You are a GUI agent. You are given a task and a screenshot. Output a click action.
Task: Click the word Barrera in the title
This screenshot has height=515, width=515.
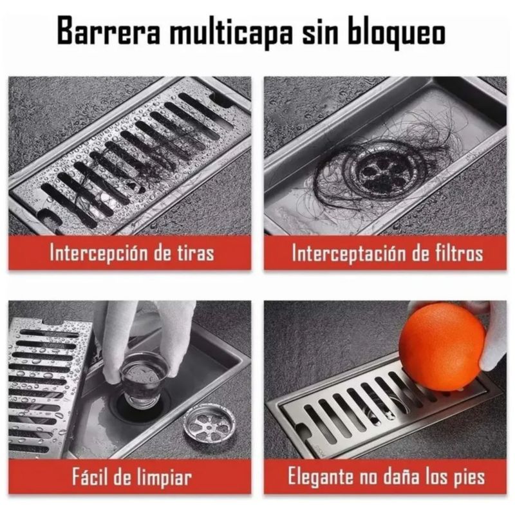108,30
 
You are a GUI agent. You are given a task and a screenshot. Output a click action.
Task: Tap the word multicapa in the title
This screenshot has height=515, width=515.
231,32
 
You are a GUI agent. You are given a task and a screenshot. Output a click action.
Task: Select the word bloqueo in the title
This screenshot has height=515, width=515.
397,32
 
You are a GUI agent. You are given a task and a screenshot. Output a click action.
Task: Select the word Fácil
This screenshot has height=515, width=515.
90,476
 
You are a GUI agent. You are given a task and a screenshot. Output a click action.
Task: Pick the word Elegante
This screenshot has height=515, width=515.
321,476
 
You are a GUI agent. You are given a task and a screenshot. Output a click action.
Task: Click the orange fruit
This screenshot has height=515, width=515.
442,346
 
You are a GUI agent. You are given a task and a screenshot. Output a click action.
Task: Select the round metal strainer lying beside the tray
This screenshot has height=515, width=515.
209,422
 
